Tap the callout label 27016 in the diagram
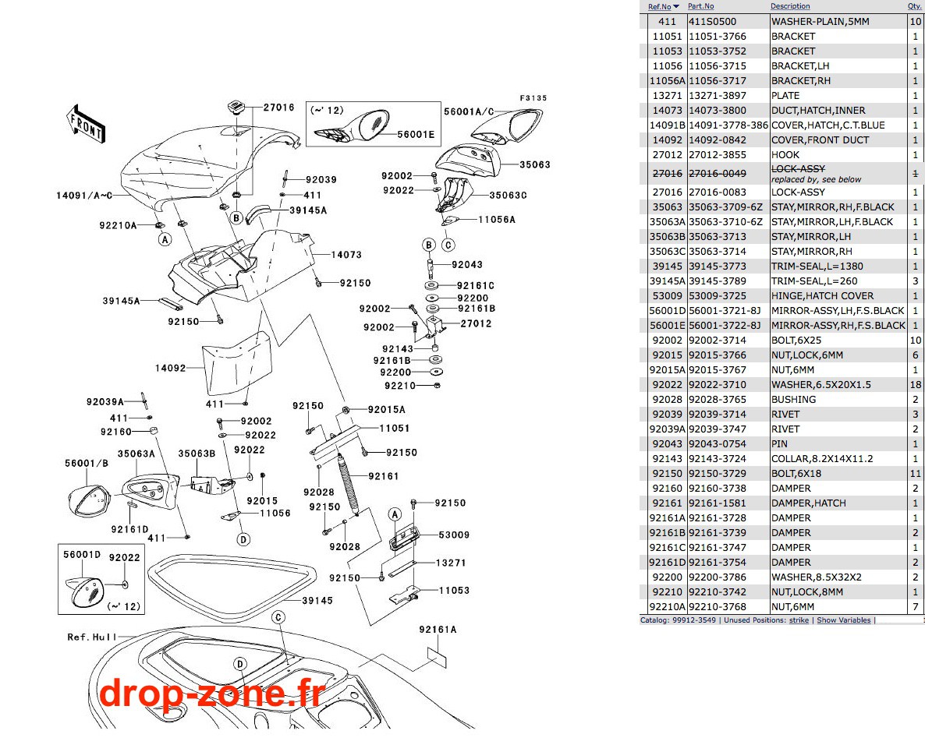pos(278,108)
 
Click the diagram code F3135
pos(533,98)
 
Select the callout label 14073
pos(346,255)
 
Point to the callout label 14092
pos(171,368)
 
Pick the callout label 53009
pos(454,535)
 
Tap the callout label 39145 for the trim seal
pos(317,601)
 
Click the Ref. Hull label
pos(92,637)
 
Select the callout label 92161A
pos(438,630)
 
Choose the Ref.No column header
pos(660,6)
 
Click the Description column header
pos(790,6)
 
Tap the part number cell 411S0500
pos(713,21)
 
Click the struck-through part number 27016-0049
pos(718,173)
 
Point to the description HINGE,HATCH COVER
pos(822,296)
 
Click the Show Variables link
pos(844,620)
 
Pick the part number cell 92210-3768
pos(718,606)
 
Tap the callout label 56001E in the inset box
pos(416,134)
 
